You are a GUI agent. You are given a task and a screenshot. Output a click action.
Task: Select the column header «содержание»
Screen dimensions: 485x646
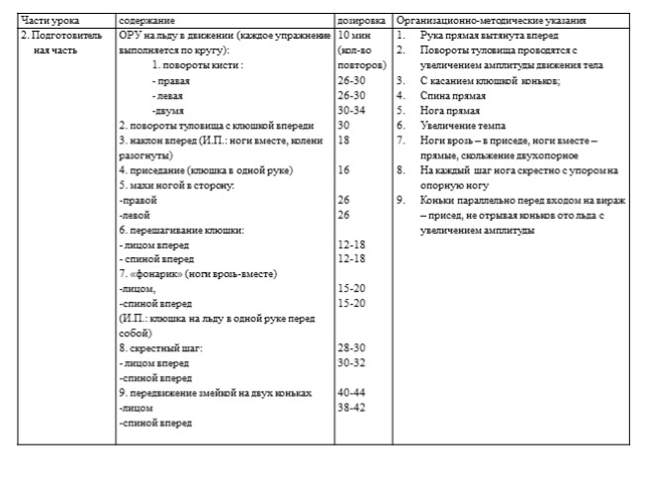147,20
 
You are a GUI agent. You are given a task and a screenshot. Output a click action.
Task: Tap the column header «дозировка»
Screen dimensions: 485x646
361,20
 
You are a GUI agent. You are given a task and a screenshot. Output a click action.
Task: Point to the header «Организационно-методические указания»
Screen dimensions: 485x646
490,20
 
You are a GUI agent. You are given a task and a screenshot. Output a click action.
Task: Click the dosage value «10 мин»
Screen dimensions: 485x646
354,35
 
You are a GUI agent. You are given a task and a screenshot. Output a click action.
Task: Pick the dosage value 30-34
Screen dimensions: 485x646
352,111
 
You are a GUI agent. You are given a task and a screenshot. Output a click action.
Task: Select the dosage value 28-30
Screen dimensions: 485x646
352,347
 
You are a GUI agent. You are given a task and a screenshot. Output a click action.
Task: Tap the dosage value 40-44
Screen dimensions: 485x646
352,393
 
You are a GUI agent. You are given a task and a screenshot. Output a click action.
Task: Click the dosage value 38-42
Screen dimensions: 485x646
352,407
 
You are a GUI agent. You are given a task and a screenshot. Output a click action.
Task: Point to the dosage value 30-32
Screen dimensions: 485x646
352,363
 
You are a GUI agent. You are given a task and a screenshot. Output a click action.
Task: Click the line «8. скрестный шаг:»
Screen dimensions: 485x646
159,347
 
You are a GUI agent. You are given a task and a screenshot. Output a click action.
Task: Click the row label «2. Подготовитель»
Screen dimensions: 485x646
61,35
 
